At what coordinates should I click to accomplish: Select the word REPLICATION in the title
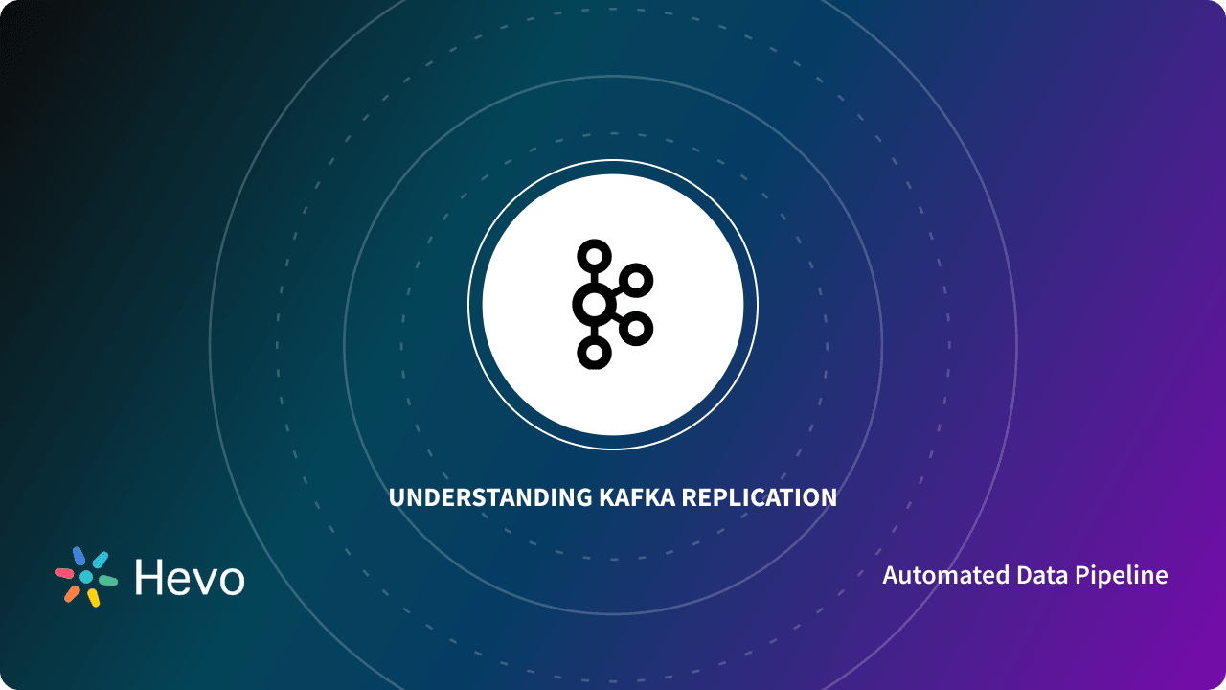click(x=765, y=498)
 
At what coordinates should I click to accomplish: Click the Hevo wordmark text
click(x=190, y=577)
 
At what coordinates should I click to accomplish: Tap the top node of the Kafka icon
click(x=594, y=256)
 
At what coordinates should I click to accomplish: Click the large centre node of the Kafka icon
click(x=593, y=306)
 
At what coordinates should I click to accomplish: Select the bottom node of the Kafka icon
click(x=594, y=353)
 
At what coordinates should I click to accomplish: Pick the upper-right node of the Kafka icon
click(x=635, y=281)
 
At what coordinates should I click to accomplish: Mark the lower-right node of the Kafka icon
click(x=635, y=329)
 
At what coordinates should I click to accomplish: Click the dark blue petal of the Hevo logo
click(x=79, y=556)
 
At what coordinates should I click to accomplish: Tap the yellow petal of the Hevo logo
click(x=93, y=598)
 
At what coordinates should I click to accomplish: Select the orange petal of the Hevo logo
click(x=72, y=593)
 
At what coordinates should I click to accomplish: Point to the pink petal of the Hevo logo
click(x=64, y=572)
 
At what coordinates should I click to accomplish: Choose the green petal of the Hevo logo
click(x=107, y=581)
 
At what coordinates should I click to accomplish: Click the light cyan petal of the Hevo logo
click(x=100, y=560)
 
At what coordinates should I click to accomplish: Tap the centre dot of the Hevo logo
click(x=86, y=577)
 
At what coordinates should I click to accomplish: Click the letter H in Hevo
click(x=150, y=577)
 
